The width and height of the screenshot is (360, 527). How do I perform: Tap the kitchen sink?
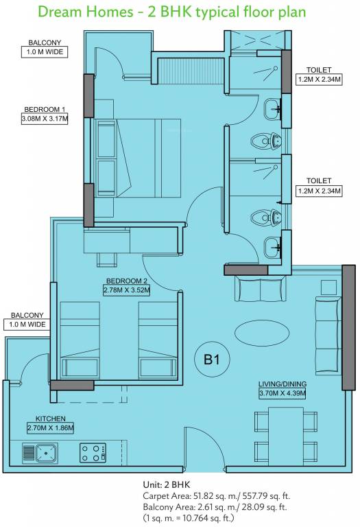tap(40, 452)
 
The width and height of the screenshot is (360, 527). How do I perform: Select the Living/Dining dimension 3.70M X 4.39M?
tap(281, 393)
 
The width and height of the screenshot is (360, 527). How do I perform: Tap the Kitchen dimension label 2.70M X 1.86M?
tap(50, 428)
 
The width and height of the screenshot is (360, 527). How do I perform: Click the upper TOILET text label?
tap(319, 69)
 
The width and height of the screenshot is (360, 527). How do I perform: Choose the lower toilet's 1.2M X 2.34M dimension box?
tap(319, 191)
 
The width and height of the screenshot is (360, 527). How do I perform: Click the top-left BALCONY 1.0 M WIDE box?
tap(45, 51)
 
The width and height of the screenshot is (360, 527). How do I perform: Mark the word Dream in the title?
tap(59, 12)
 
